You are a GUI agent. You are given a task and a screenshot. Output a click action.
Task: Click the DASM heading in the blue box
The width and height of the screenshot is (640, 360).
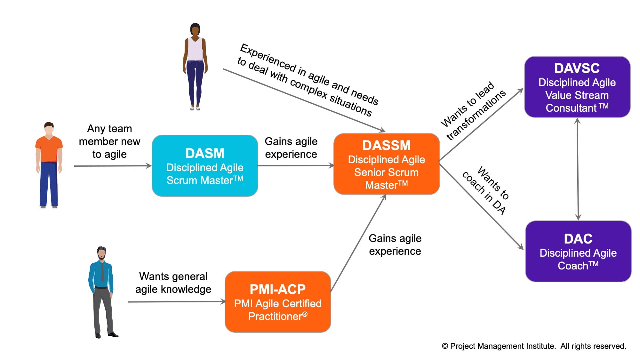point(205,153)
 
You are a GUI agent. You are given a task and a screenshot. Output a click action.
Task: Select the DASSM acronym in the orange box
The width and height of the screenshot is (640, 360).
point(386,145)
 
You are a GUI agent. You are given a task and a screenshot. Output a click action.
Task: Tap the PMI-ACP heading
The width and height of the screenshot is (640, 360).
point(277,289)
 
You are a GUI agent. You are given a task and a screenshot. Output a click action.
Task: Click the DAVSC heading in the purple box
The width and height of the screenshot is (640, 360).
point(577,68)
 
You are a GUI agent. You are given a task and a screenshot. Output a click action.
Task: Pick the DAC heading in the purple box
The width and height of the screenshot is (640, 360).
point(578,239)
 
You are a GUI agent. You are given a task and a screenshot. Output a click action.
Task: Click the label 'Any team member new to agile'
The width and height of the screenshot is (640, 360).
point(109,141)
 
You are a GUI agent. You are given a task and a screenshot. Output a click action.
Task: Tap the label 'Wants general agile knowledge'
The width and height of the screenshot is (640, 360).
point(173,283)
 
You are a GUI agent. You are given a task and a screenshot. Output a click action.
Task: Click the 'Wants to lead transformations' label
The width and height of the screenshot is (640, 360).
point(473,110)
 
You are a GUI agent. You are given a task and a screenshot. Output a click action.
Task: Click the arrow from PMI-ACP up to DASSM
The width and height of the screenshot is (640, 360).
point(358,243)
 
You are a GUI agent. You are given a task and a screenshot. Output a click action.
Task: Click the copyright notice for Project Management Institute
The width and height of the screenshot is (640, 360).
point(534,346)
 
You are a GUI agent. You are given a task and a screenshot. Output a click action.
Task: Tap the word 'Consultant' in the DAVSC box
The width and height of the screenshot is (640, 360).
point(571,108)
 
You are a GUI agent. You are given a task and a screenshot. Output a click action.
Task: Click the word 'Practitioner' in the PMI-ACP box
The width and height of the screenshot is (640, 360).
point(275,316)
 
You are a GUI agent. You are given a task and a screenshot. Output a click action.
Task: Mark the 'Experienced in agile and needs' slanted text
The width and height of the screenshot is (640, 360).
point(309,74)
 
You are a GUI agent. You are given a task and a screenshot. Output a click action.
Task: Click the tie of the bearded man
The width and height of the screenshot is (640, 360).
point(102,272)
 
